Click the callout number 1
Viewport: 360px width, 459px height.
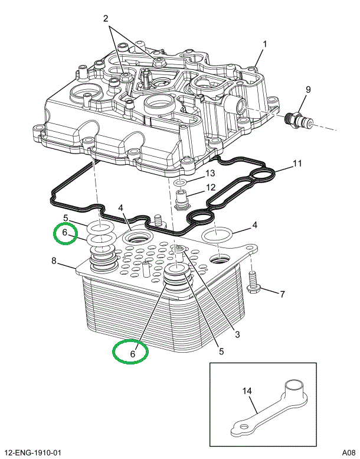pos(264,44)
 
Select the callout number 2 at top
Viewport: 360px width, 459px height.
pos(106,18)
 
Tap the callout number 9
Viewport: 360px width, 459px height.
pos(308,89)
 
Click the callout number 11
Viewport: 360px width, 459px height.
pos(297,163)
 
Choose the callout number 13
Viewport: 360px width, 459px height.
pos(210,173)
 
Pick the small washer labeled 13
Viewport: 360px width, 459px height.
pos(179,183)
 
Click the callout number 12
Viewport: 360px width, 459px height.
pos(211,187)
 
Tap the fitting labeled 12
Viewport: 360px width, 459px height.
pos(181,199)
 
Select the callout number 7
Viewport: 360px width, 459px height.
pos(282,294)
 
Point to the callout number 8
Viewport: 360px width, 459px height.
pos(54,261)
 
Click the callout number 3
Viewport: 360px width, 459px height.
pos(237,334)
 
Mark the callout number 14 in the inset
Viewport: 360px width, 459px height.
pos(247,391)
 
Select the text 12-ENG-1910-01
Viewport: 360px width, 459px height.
pos(33,453)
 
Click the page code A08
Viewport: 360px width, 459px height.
pos(349,453)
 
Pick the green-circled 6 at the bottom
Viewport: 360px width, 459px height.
pos(132,354)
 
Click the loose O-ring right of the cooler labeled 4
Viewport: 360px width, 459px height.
pos(217,234)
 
